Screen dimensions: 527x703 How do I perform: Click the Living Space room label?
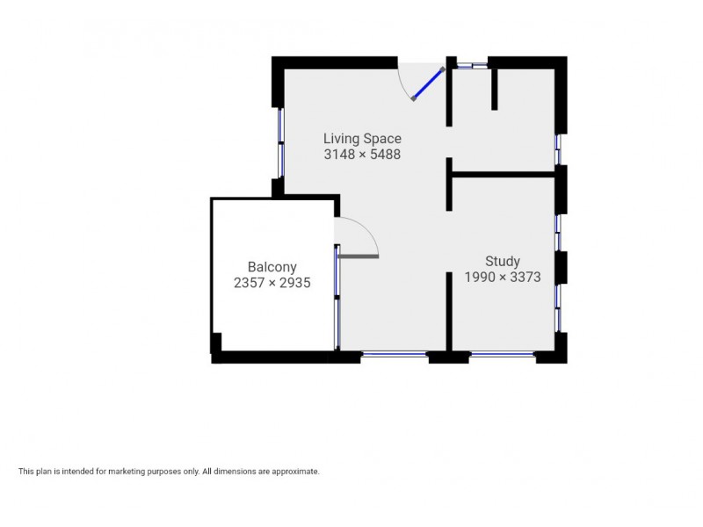point(362,139)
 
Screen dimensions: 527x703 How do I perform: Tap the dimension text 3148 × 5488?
point(362,154)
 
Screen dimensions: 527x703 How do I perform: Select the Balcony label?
point(272,267)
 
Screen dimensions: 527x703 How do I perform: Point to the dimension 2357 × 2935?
point(272,283)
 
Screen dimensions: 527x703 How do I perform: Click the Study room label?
point(503,261)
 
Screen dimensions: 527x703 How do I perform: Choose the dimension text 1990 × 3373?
point(503,277)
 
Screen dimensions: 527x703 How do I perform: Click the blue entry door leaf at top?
point(428,84)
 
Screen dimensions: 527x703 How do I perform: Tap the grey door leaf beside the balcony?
point(358,256)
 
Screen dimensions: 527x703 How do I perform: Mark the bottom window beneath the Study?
point(503,354)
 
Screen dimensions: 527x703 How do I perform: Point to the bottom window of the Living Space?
point(395,354)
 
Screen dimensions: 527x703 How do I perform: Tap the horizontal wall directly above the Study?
point(503,175)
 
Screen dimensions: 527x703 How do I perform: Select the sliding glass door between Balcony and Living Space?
point(337,299)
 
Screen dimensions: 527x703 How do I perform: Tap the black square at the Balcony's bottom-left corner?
point(216,343)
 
